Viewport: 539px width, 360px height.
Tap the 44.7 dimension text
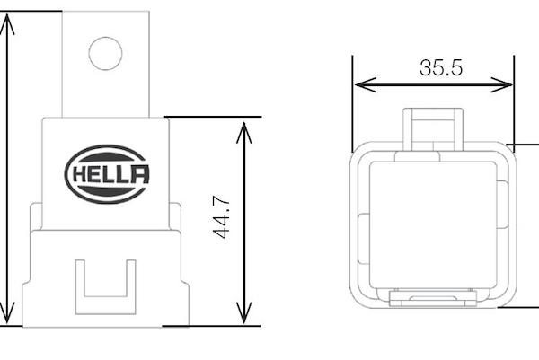tap(221, 217)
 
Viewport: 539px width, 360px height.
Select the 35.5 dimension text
tap(441, 67)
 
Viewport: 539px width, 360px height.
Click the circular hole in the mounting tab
tap(105, 53)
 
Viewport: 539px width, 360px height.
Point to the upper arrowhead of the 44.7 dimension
tap(243, 132)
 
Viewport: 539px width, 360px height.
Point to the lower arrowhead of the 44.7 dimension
tap(243, 312)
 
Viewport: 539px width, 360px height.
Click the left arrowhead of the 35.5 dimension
tap(366, 84)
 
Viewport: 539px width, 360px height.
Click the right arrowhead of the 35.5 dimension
tap(501, 84)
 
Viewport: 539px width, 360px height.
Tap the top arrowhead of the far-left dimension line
tap(7, 24)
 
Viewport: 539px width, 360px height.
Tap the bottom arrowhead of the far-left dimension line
tap(7, 312)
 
